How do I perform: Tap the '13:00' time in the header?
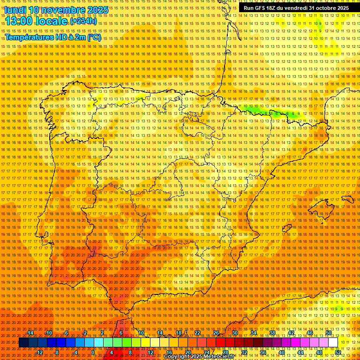(22, 22)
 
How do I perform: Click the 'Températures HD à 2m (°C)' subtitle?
(52, 37)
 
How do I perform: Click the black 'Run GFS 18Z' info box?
(296, 8)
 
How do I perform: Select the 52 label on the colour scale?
(338, 352)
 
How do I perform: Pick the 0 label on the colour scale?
(93, 352)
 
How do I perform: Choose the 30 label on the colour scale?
(234, 333)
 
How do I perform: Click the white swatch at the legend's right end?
(333, 343)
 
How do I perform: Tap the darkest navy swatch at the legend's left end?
(23, 343)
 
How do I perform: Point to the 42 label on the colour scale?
(291, 333)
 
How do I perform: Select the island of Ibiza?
(285, 228)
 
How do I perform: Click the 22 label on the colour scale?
(197, 333)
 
